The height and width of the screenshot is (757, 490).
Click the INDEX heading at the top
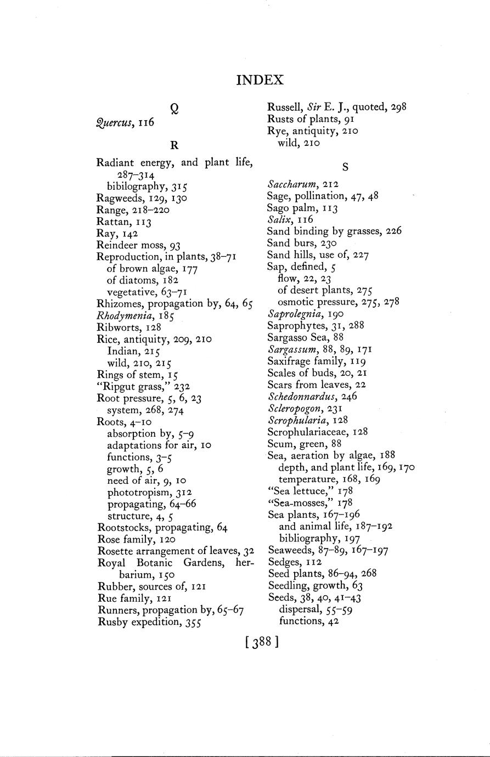click(260, 80)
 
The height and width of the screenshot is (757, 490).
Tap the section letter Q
click(174, 109)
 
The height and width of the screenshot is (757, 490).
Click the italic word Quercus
click(114, 123)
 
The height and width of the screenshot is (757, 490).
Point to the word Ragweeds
click(117, 198)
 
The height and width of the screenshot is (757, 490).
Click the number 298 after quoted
click(399, 108)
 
